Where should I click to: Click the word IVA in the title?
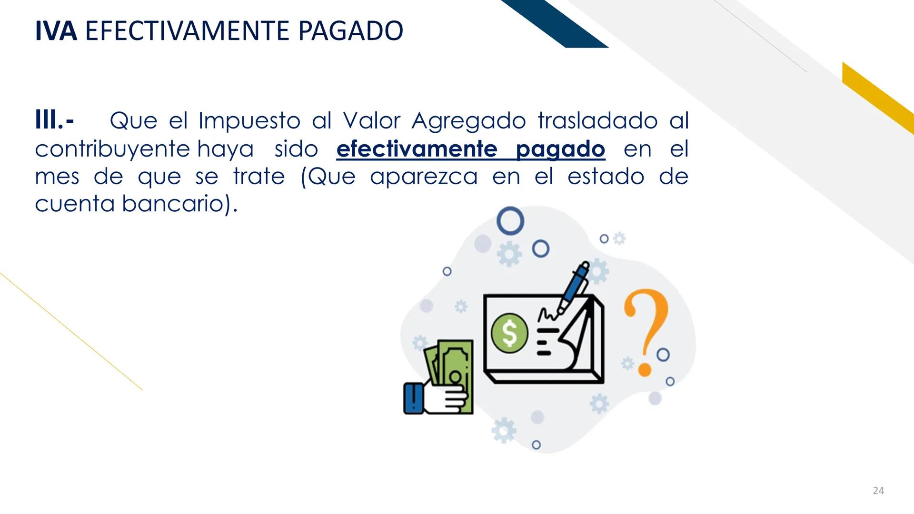[x=56, y=31]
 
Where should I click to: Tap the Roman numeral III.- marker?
[x=54, y=120]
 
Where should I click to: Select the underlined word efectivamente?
[x=417, y=149]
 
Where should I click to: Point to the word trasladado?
[x=598, y=121]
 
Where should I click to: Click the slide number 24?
[x=878, y=491]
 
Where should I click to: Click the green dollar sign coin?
[x=509, y=333]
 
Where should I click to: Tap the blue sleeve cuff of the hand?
[x=413, y=398]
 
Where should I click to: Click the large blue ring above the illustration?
[x=510, y=221]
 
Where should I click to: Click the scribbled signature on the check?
[x=547, y=314]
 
